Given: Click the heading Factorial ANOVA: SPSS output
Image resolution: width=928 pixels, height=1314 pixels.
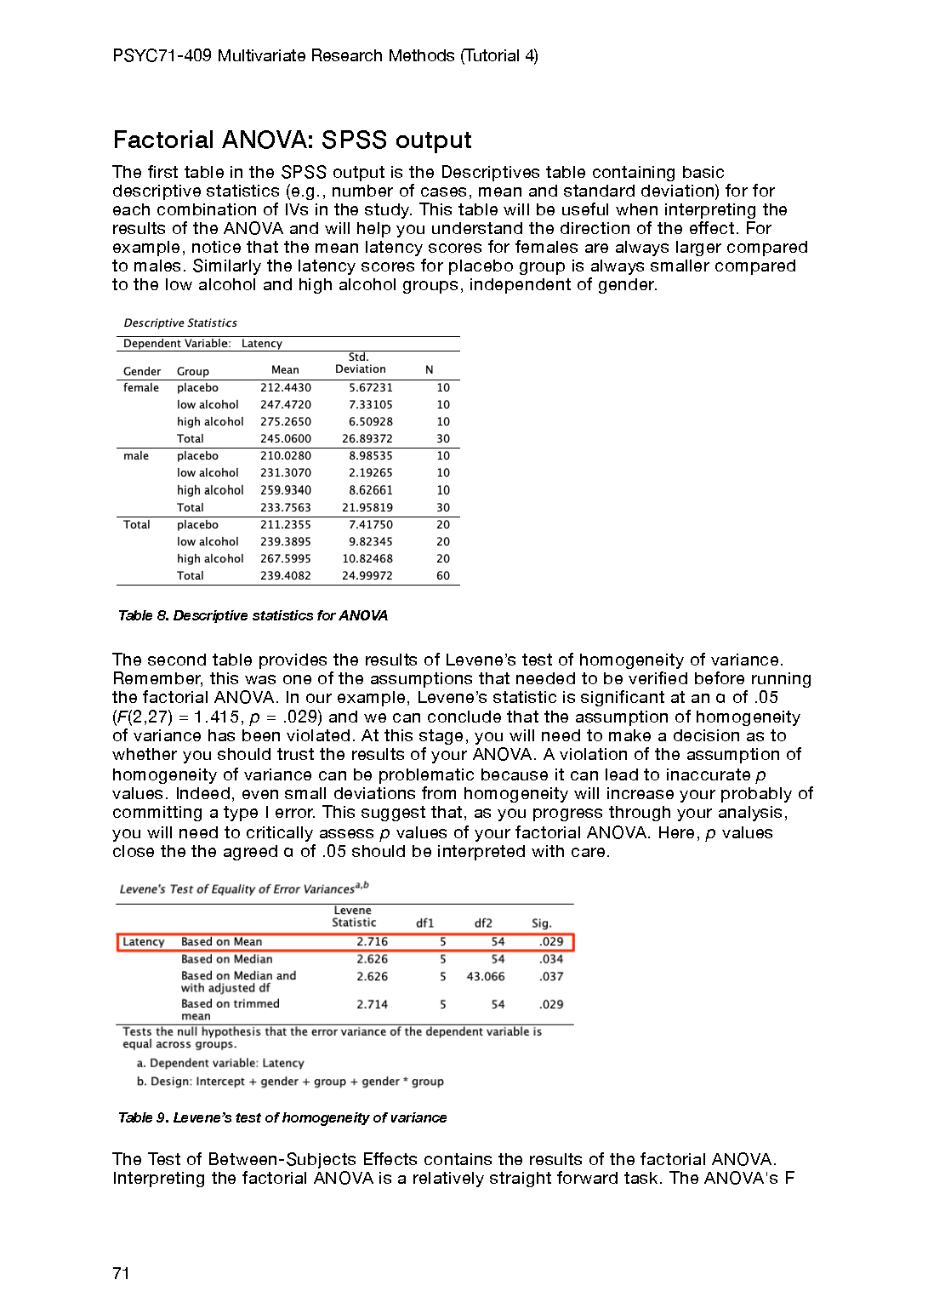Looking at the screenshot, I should pos(292,140).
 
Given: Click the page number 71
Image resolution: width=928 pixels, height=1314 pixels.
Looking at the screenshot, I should pos(121,1273).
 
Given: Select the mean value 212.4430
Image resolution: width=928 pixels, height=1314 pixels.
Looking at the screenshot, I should pos(286,388).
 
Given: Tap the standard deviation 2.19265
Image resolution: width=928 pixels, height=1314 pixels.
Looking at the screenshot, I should pos(371,473).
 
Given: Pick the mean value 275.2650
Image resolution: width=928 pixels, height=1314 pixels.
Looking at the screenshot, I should pos(286,422).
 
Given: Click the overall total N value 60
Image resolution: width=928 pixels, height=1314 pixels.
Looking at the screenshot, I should pos(443,576).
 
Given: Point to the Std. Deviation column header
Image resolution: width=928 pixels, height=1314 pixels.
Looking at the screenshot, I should pos(360,363).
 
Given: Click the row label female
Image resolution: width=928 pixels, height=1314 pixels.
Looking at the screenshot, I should pos(141,388).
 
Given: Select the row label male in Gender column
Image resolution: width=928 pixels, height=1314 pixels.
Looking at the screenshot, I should pos(136,456).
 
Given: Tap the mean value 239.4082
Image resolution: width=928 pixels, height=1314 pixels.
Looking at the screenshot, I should pos(286,576).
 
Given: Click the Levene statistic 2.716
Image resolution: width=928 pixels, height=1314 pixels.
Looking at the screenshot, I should pos(372,942).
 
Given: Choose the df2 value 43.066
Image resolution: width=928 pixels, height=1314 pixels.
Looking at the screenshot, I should pos(486,977).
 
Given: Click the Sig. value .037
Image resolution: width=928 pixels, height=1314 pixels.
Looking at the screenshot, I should pos(551,977).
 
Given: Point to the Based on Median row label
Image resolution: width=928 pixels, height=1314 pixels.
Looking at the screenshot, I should pos(227,959).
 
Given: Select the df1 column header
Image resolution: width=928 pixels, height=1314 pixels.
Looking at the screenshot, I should pos(425,923).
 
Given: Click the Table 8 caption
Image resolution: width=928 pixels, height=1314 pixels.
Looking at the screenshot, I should pos(253,615).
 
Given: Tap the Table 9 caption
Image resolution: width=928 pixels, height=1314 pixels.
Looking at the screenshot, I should pos(282,1117).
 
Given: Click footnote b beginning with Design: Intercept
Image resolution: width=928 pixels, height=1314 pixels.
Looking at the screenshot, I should pos(290,1082).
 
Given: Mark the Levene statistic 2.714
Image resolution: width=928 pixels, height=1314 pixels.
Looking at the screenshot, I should pos(372,1004).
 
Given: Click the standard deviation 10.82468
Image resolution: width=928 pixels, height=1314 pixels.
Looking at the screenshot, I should pos(367,559).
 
